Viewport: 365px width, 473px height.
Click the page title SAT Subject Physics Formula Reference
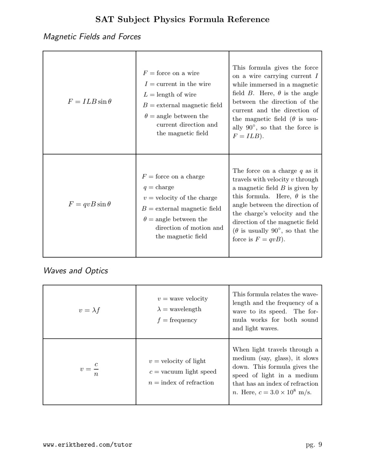182,19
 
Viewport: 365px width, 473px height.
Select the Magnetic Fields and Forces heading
92,37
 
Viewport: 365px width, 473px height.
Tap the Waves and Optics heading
75,271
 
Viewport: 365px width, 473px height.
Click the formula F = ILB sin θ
90,102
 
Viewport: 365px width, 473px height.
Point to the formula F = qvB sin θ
90,204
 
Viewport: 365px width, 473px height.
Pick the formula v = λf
90,310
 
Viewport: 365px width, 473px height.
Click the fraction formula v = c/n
90,369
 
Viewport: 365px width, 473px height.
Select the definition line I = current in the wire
178,84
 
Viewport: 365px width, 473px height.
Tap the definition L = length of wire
169,95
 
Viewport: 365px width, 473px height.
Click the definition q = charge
158,187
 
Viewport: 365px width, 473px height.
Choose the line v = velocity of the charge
180,198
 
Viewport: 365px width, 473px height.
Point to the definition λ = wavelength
179,309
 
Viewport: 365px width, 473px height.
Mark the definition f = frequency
177,320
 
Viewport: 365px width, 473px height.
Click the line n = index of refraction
181,382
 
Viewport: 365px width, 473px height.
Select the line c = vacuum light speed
183,371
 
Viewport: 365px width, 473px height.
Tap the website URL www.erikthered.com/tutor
88,445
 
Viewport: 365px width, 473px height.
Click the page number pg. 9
314,445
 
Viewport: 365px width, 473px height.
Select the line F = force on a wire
171,73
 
